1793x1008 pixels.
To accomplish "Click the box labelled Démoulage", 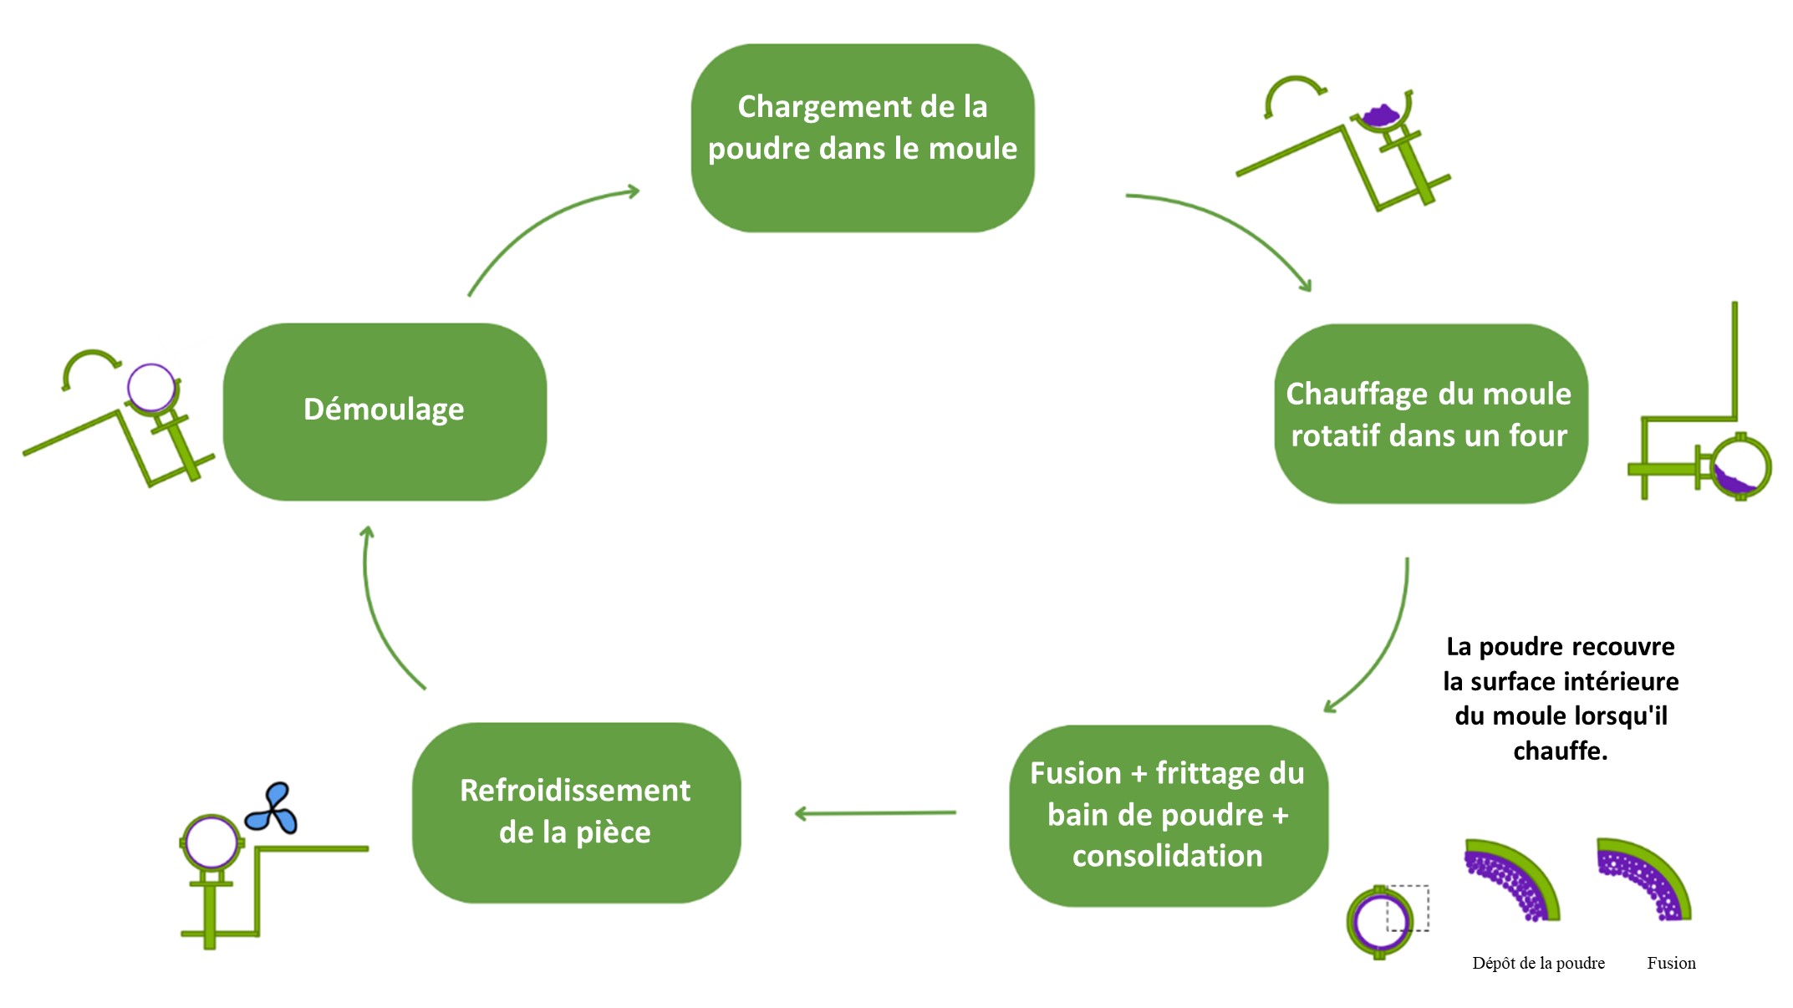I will click(385, 411).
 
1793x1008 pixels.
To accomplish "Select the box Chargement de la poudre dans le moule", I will click(862, 138).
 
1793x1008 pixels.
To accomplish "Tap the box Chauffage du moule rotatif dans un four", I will click(1430, 414).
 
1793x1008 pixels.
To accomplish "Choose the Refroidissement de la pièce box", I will click(576, 812).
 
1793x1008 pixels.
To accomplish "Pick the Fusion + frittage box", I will click(1168, 815).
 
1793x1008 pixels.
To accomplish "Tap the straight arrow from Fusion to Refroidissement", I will click(875, 812).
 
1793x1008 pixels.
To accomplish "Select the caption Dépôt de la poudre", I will click(1538, 963).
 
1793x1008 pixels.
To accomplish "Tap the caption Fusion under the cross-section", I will click(1671, 963).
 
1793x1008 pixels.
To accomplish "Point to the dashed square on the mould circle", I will click(1408, 908).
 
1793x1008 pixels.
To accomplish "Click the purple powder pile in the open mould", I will click(1381, 115).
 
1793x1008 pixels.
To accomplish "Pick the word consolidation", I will click(1167, 856).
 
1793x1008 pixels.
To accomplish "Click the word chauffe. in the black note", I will click(1560, 751).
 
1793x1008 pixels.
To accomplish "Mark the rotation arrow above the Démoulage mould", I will click(90, 364).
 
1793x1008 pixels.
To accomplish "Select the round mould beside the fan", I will click(211, 843).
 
